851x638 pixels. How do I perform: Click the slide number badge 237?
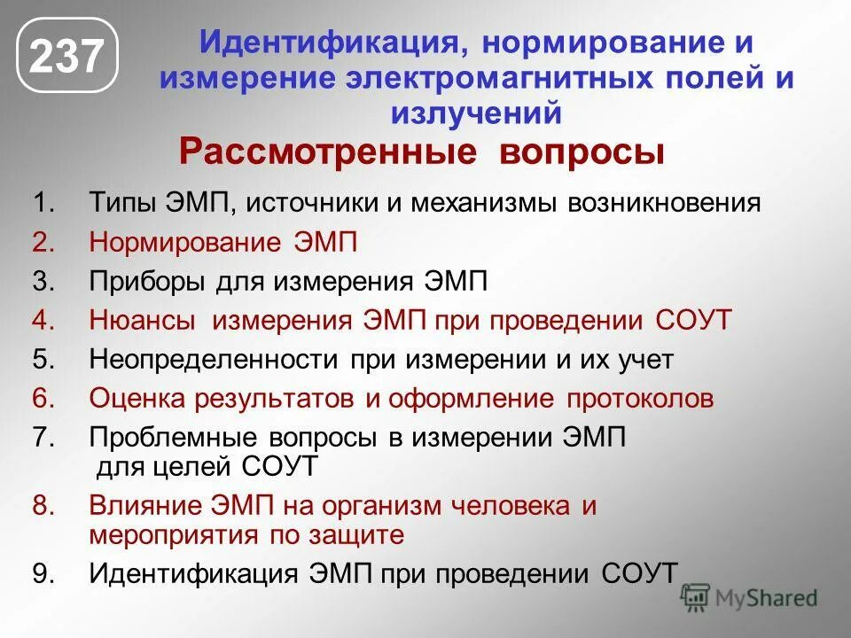coord(67,58)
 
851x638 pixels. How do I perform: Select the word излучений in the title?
coord(476,113)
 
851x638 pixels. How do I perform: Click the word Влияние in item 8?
coord(145,507)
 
